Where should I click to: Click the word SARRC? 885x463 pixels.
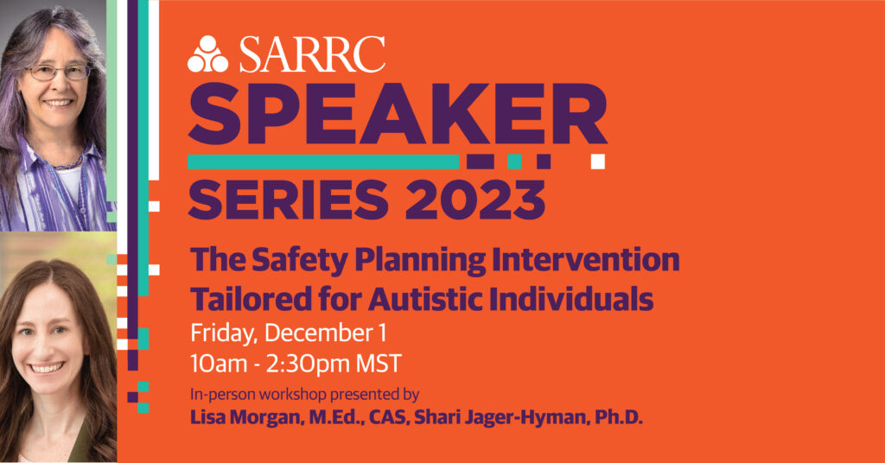click(x=312, y=55)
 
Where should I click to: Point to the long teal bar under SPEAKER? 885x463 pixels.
click(x=324, y=162)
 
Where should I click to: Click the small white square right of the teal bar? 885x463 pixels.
click(x=597, y=161)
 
